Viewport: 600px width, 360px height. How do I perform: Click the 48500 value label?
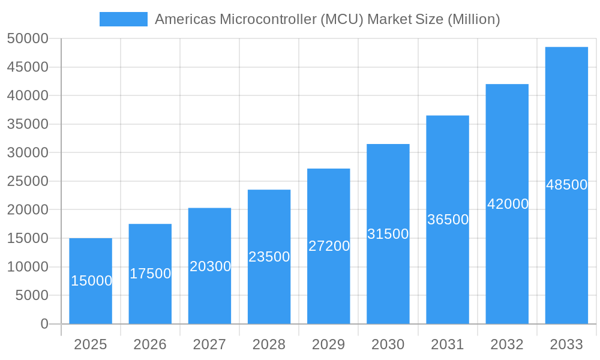click(566, 185)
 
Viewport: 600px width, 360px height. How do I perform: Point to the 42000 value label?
click(508, 204)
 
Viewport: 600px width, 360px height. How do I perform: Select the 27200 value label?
click(329, 246)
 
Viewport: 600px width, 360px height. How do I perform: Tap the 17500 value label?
click(150, 274)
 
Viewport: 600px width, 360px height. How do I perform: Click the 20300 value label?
click(210, 266)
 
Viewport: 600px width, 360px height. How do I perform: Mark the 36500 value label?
click(448, 220)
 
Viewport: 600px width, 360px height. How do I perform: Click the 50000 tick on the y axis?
click(28, 39)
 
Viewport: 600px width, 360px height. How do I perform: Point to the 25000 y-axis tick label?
click(28, 181)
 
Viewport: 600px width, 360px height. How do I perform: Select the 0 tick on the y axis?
click(44, 324)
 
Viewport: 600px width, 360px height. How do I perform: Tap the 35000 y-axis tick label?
click(28, 124)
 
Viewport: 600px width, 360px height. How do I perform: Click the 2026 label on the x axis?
click(150, 344)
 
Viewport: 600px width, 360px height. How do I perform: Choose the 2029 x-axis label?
click(329, 344)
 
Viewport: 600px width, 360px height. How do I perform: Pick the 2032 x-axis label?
click(507, 344)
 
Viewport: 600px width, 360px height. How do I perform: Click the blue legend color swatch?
click(123, 19)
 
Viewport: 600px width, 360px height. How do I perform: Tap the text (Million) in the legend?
click(473, 19)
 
